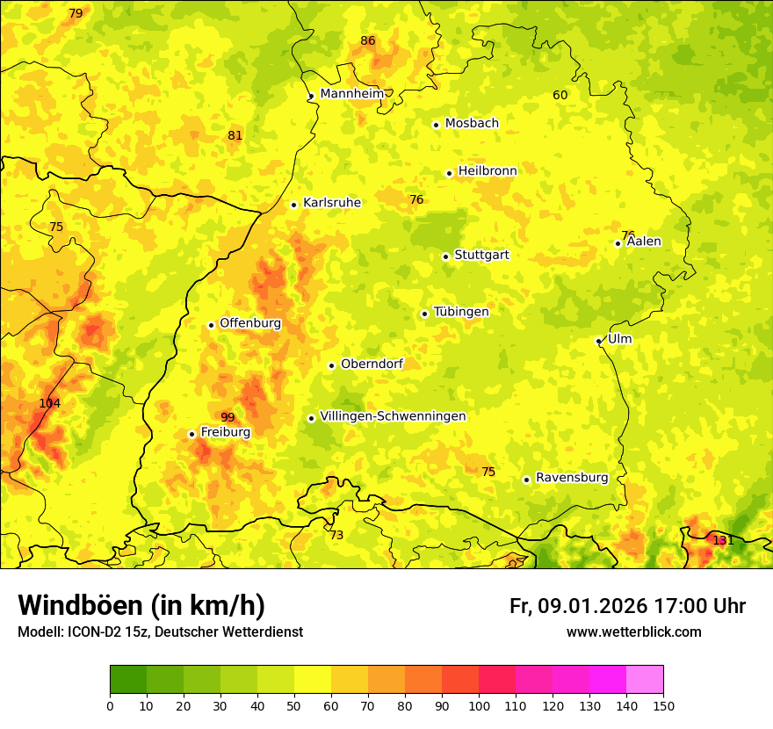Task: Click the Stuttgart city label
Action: [x=481, y=256]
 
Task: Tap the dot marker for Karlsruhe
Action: [x=294, y=205]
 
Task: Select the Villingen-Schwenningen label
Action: [x=393, y=416]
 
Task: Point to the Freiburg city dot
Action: [x=191, y=434]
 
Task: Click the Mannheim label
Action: [x=352, y=94]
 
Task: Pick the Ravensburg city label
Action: [x=572, y=478]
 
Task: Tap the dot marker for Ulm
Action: [x=599, y=341]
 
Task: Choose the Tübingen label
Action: [x=461, y=312]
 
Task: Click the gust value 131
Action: [x=723, y=540]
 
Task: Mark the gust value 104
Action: [x=50, y=403]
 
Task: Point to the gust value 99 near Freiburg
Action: [x=228, y=417]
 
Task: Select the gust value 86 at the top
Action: [x=368, y=40]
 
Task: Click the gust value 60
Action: [x=560, y=95]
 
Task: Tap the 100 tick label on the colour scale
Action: [x=479, y=705]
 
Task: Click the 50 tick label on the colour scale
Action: [x=294, y=705]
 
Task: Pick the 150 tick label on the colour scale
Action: [x=663, y=705]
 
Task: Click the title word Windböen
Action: [x=80, y=606]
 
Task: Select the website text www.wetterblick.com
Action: [x=633, y=632]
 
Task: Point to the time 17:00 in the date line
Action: [x=670, y=606]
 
